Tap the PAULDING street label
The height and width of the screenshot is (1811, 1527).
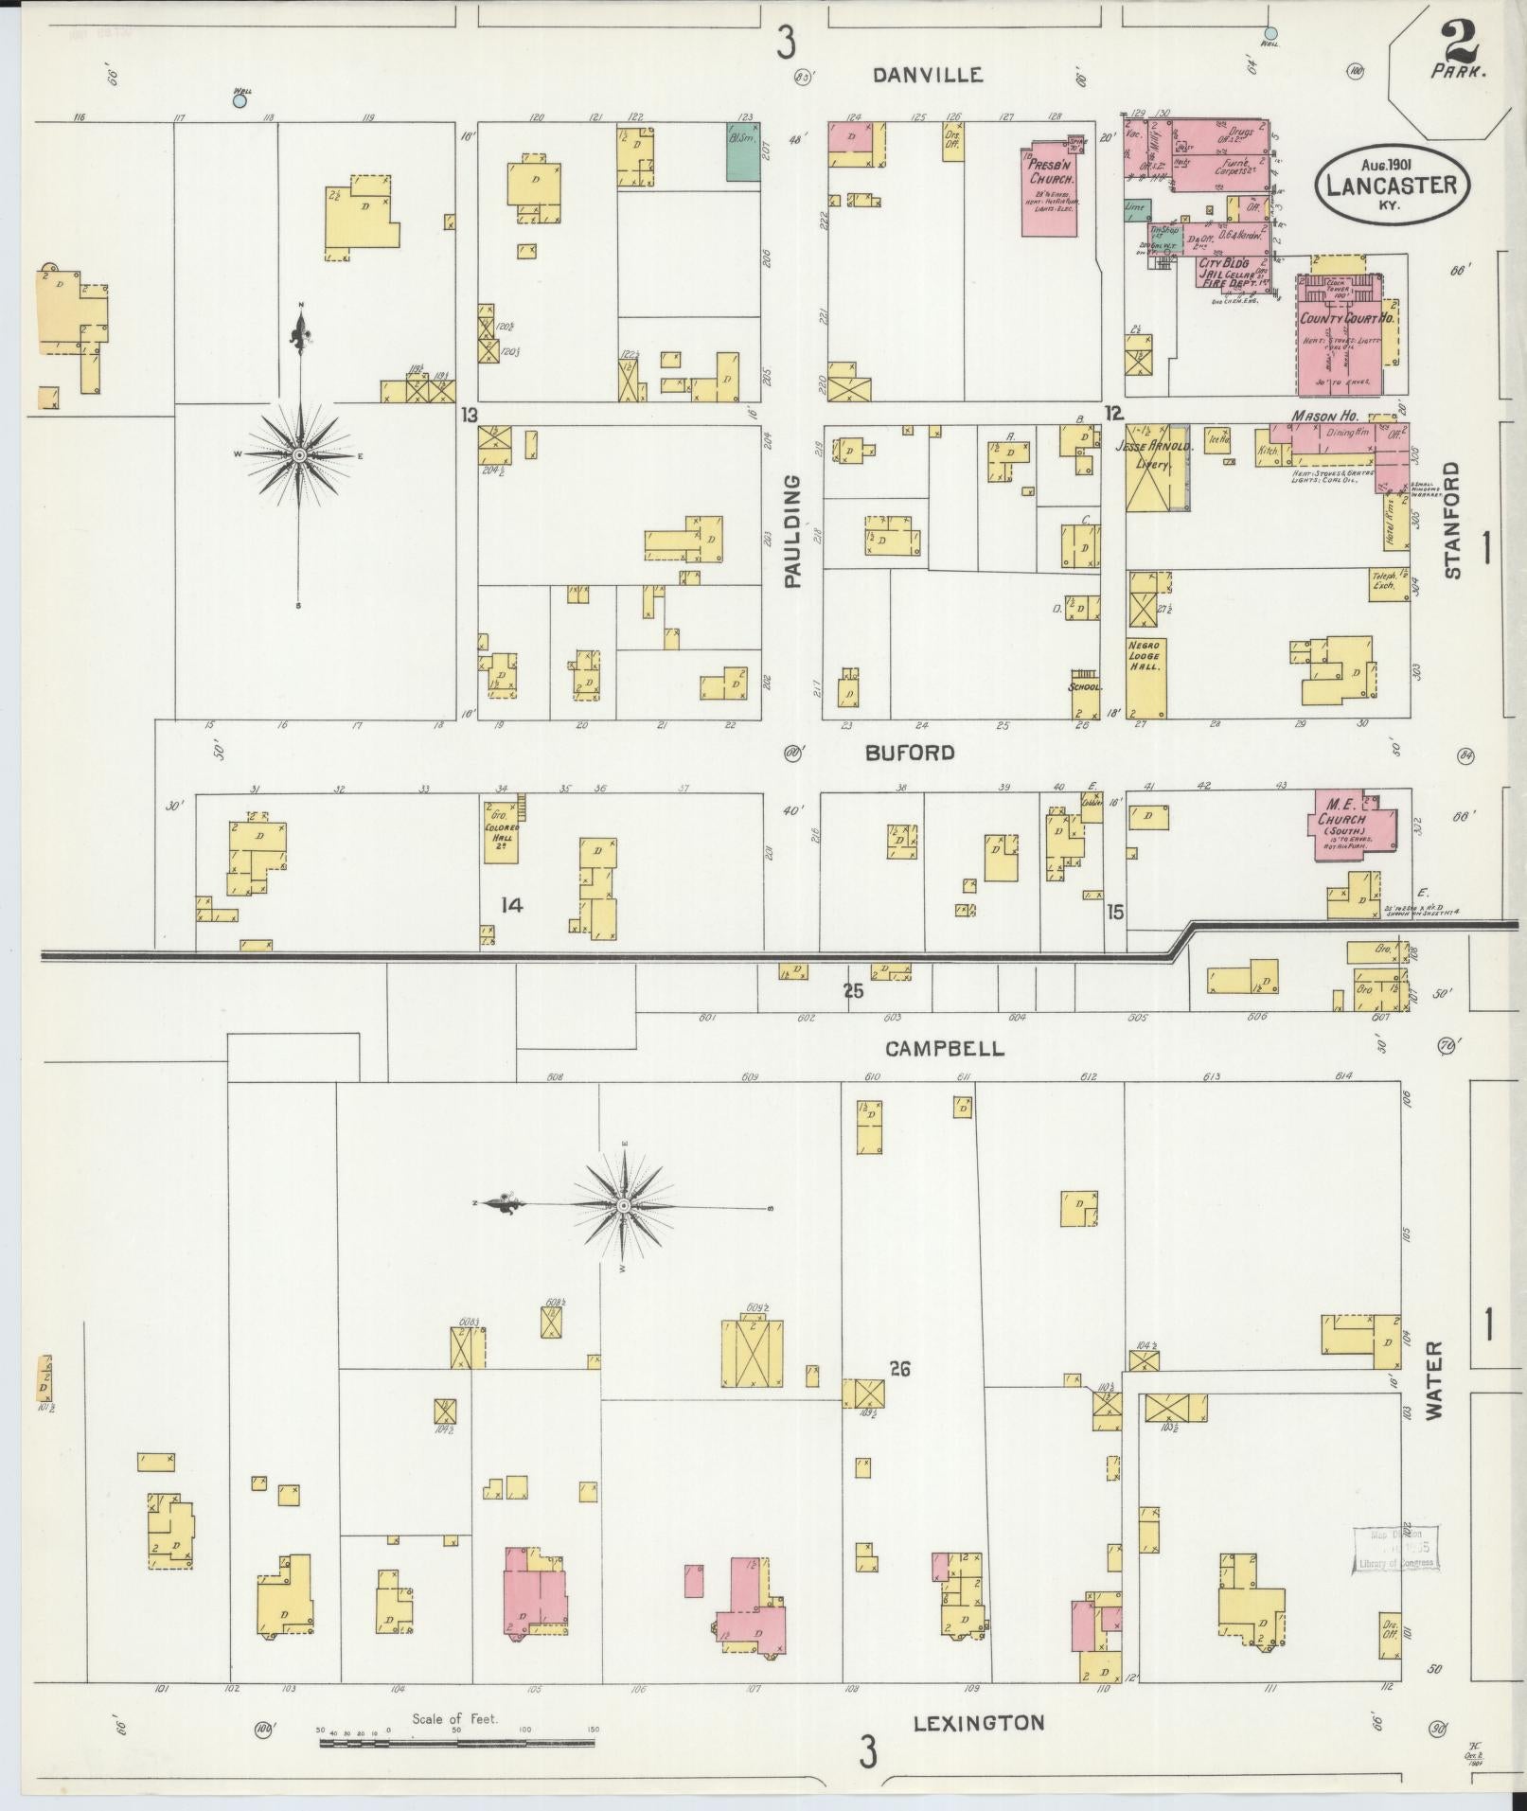point(792,531)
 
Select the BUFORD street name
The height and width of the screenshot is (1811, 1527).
point(909,753)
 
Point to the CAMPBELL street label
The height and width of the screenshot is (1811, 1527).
point(945,1048)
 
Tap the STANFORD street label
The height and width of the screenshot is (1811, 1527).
point(1453,520)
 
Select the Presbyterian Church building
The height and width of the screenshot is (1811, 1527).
point(1052,189)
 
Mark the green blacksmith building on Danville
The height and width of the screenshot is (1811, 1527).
point(742,151)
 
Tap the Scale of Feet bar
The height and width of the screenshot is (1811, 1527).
point(457,1741)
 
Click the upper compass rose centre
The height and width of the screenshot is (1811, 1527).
point(299,456)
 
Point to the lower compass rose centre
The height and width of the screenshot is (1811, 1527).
point(624,1205)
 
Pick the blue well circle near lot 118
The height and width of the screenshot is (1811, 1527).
point(240,99)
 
